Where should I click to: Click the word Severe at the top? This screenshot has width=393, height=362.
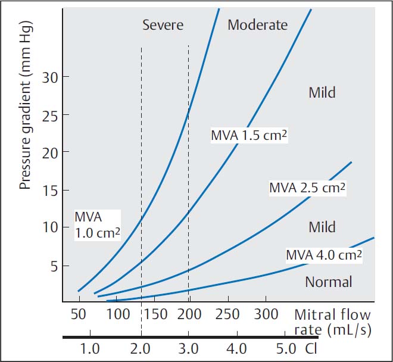pos(163,25)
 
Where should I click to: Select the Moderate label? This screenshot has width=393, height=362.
pos(257,25)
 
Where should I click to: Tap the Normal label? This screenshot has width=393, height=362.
pos(329,282)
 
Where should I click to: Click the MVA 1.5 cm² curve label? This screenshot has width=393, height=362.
pos(249,135)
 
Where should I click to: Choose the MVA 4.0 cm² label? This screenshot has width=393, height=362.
pos(325,255)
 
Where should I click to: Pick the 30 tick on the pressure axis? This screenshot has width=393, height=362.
pos(48,77)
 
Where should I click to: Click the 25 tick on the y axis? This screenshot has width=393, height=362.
pos(48,115)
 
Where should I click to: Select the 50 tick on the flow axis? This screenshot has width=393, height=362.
pos(79,314)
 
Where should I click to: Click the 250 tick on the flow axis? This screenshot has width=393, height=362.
pos(228,314)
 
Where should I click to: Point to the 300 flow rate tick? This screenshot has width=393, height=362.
pos(266,314)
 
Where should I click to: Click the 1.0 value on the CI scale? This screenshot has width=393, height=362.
pos(90,348)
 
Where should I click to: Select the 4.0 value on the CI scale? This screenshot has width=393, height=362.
pos(236,348)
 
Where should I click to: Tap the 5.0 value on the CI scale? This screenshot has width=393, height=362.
pos(286,348)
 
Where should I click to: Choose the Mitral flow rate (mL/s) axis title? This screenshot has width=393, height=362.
pos(332,322)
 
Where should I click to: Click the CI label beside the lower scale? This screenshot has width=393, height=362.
pos(311,348)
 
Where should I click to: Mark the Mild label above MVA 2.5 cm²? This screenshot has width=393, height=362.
pos(322,92)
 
